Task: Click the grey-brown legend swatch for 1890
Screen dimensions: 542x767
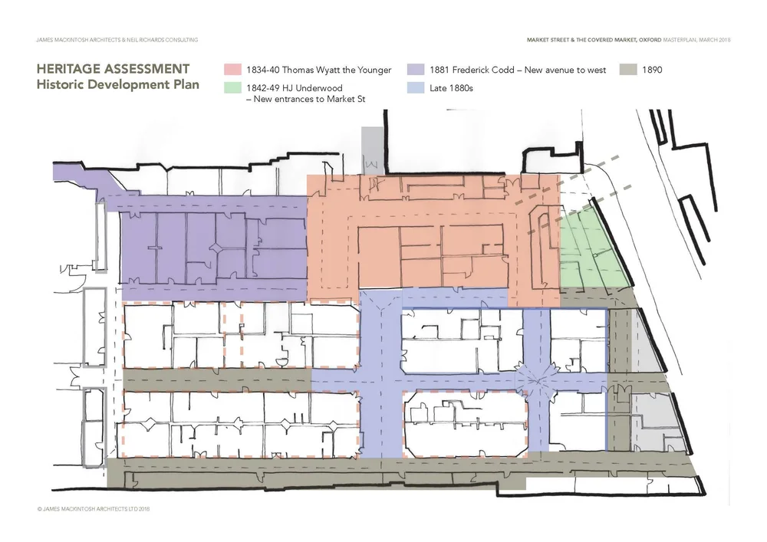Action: [628, 70]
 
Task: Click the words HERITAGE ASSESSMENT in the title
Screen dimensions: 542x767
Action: [113, 70]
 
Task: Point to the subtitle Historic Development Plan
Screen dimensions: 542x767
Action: [117, 84]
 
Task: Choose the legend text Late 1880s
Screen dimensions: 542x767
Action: [452, 88]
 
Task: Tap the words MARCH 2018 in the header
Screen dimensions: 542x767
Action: [714, 39]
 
